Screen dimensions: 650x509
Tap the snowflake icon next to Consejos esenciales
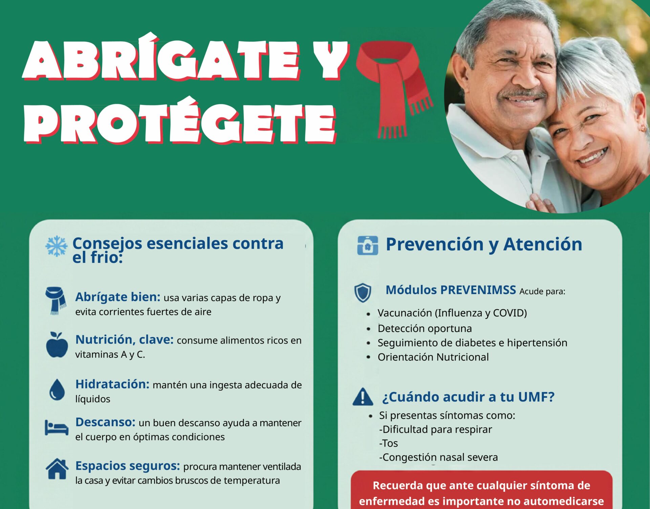tap(57, 246)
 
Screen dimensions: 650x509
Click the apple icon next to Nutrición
tap(57, 345)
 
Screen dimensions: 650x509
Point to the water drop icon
tap(57, 390)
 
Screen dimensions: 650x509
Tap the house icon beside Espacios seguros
tap(57, 469)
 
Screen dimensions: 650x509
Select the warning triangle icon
tap(363, 397)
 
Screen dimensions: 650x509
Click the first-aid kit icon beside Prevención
tap(368, 245)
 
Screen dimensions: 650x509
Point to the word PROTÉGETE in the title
tap(180, 122)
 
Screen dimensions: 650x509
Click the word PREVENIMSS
tap(478, 290)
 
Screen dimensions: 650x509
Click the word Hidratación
tap(112, 384)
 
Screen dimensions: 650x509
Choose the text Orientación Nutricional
tap(433, 357)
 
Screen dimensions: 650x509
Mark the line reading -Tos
tap(389, 443)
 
